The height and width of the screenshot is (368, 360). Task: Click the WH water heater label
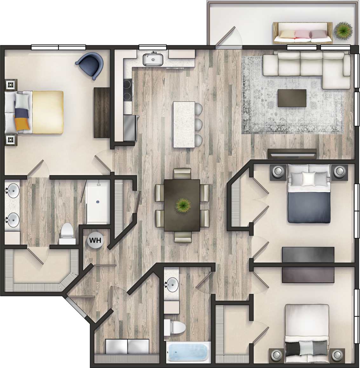point(95,240)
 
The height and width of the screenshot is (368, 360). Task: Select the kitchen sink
point(153,59)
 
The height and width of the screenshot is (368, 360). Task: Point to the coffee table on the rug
point(292,98)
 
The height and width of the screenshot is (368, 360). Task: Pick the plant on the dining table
point(182,205)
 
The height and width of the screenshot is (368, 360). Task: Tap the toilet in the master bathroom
point(67,235)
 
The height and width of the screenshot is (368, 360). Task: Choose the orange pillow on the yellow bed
point(22,124)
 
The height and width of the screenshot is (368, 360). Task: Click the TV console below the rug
point(292,153)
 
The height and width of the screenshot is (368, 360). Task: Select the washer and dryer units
point(127,347)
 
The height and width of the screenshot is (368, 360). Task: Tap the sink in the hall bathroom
point(172,284)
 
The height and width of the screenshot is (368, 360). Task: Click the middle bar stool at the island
point(198,124)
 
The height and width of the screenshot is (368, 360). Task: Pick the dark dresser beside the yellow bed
point(101,112)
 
